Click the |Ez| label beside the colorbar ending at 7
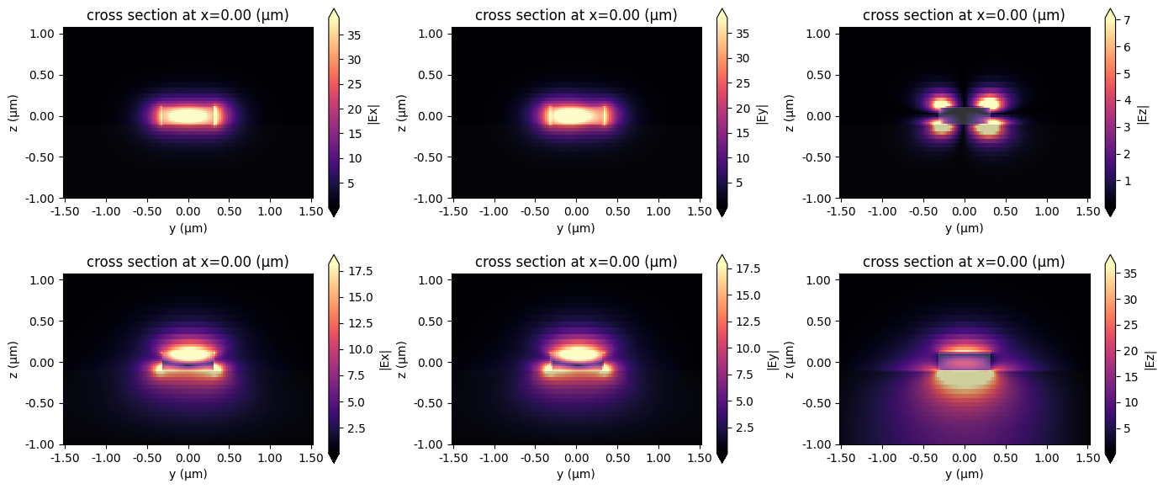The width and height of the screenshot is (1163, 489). (x=1142, y=113)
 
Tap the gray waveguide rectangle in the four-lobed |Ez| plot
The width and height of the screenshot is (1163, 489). (x=964, y=115)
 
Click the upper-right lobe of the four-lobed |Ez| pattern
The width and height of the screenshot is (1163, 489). (x=989, y=104)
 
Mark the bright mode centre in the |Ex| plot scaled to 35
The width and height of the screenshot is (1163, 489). (x=188, y=115)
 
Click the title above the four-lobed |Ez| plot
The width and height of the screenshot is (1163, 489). (x=964, y=15)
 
